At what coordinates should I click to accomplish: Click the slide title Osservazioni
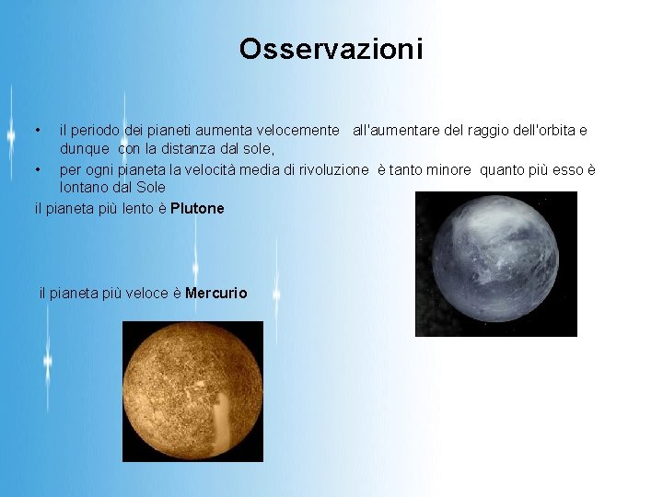(331, 49)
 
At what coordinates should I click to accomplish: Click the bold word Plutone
(197, 209)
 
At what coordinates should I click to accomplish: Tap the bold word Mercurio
(216, 294)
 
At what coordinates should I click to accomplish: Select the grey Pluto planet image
(495, 264)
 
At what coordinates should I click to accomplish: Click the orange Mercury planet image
(192, 391)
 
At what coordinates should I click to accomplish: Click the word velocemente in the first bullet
(298, 131)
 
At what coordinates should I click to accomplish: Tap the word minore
(448, 170)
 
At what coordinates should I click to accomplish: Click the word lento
(137, 209)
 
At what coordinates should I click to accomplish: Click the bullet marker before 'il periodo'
(37, 131)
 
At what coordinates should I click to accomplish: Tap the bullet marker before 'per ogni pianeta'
(37, 170)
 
